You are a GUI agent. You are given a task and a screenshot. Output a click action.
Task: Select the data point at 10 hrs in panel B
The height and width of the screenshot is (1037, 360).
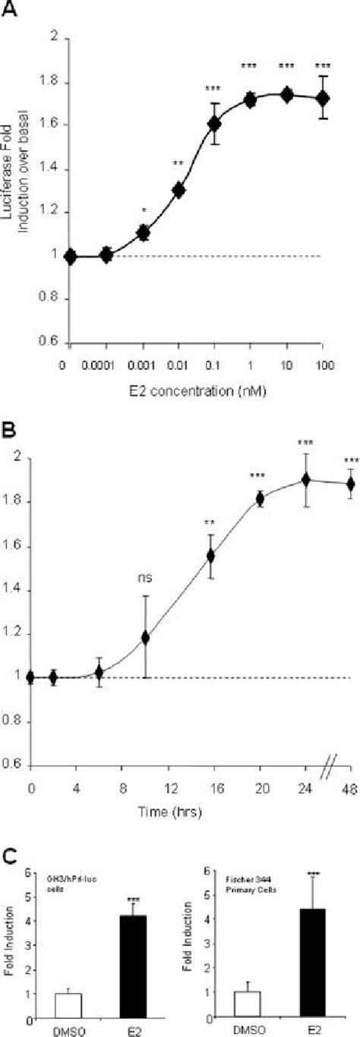(x=145, y=637)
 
